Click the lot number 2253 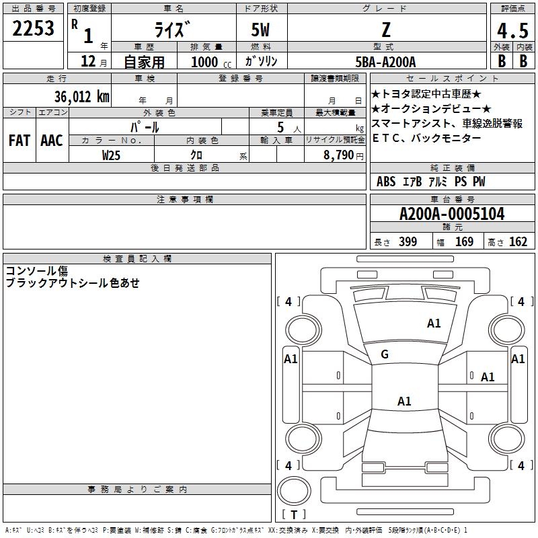pyautogui.click(x=34, y=29)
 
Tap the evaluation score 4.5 pyautogui.click(x=512, y=30)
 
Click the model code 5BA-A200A pyautogui.click(x=385, y=62)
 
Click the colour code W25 pyautogui.click(x=112, y=155)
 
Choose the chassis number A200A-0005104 pyautogui.click(x=452, y=214)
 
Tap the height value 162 pyautogui.click(x=518, y=242)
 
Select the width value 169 pyautogui.click(x=464, y=242)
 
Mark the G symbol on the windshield pyautogui.click(x=385, y=354)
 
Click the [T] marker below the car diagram pyautogui.click(x=294, y=515)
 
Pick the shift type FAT pyautogui.click(x=19, y=141)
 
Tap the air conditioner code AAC pyautogui.click(x=51, y=141)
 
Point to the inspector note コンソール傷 pyautogui.click(x=37, y=271)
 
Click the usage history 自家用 pyautogui.click(x=144, y=63)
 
